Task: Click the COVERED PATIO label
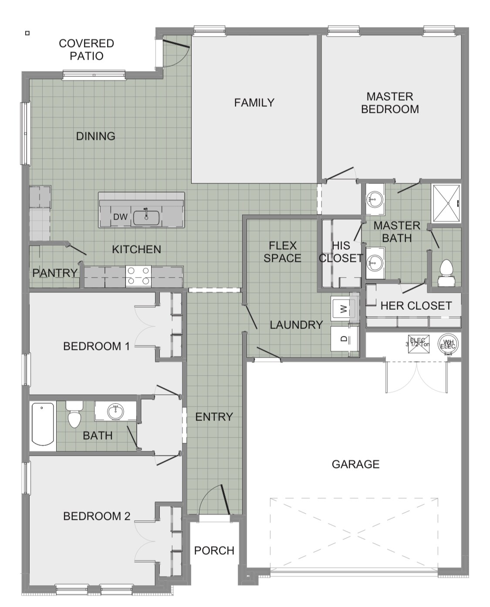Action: (86, 50)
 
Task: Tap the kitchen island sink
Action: (146, 217)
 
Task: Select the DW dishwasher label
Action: (120, 217)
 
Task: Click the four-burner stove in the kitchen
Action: (138, 276)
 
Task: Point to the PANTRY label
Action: (55, 273)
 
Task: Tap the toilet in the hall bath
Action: (74, 417)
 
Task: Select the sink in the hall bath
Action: (115, 411)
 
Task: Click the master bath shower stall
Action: (445, 203)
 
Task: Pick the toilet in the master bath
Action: (446, 269)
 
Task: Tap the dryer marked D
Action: (344, 339)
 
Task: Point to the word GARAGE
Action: (355, 464)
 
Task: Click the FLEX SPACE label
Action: (282, 252)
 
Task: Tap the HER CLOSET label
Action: (416, 306)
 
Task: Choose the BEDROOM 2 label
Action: (97, 516)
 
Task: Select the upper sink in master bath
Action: (374, 199)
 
